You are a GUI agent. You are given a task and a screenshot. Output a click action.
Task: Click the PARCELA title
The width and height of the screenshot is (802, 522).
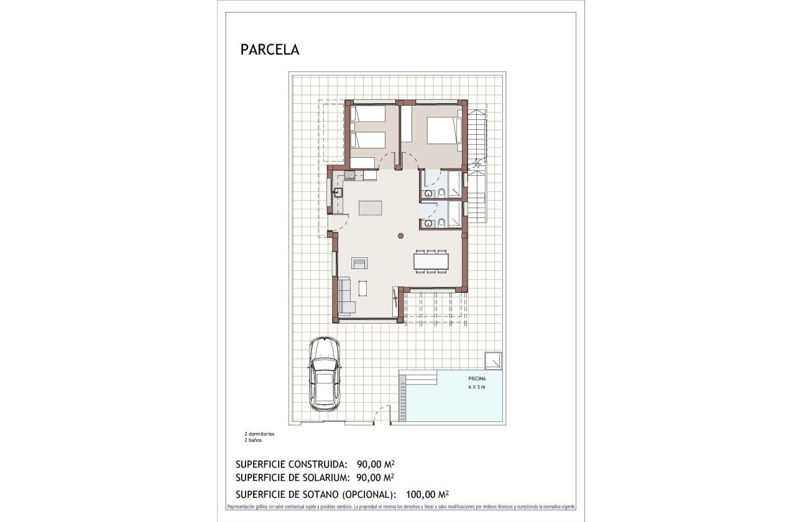coord(269,50)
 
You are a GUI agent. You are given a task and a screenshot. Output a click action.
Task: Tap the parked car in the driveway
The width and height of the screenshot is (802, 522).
coord(325,374)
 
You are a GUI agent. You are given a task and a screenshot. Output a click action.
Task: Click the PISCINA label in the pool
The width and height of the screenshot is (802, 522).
coord(477,378)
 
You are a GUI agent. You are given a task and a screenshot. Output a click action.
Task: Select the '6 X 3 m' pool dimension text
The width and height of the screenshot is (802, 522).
coord(477,387)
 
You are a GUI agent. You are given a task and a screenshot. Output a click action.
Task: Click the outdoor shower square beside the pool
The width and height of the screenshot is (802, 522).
coord(494,359)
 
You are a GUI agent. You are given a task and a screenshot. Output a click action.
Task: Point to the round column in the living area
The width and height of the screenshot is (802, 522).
coord(401,236)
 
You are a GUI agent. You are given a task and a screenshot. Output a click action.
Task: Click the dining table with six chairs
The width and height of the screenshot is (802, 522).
coord(431,261)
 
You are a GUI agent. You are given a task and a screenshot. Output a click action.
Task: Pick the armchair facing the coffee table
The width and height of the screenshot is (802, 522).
coord(359,263)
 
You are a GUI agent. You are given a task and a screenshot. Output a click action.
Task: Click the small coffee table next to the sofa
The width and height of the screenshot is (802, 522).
coord(362,288)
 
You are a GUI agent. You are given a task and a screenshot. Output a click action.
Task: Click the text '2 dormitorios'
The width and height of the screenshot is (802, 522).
coord(259,434)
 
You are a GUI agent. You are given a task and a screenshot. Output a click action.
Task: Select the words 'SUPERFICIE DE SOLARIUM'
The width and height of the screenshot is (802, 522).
coord(292,477)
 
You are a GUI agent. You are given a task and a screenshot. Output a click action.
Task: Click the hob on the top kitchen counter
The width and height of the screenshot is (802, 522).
coord(350,175)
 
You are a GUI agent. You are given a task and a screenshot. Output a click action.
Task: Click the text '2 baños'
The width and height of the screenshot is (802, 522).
coord(253,440)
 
